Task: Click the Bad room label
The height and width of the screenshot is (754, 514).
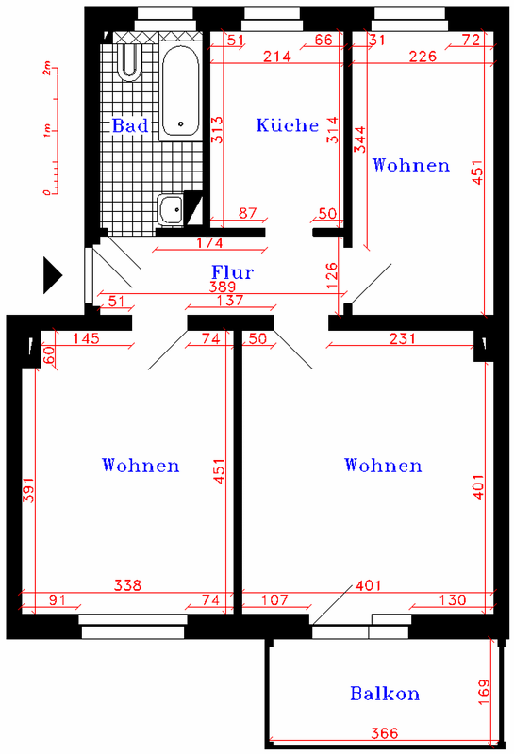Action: pos(130,125)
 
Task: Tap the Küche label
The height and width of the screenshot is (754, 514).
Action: pos(288,125)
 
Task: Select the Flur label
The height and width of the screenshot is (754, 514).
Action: pos(232,272)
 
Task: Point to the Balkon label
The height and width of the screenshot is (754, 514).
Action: pos(385,694)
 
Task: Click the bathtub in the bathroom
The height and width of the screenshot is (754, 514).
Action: pos(180,91)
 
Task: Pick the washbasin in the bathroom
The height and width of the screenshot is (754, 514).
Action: pos(171,210)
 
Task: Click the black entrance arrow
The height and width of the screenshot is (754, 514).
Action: pos(53,275)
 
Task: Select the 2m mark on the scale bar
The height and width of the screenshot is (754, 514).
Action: pos(46,68)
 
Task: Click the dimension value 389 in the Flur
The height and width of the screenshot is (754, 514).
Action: pos(223,287)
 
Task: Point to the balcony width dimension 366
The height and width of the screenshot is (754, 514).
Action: pos(385,733)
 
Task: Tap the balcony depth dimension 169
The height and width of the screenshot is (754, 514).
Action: pos(484,692)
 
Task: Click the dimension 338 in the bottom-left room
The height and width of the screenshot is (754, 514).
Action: pos(128,585)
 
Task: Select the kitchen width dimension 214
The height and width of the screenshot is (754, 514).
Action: pos(277,57)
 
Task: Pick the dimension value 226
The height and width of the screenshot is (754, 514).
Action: pos(423,57)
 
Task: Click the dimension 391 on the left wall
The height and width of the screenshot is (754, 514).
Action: pos(29,490)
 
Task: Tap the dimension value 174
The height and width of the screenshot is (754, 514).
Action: pos(209,243)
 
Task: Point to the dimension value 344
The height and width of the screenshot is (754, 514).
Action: pos(360,139)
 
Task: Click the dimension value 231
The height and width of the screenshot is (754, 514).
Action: pos(403,338)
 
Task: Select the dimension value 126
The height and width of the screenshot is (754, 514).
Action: pos(332,275)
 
